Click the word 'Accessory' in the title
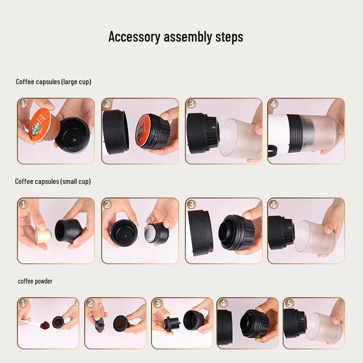pos(133,37)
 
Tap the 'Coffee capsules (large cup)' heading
pos(53,82)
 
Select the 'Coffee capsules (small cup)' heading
pos(53,181)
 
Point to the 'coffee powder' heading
pos(35,281)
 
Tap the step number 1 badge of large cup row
pos(23,104)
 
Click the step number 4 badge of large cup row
pos(274,104)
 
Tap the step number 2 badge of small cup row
pos(106,204)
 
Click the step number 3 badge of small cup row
pos(191,204)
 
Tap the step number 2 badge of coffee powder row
pos(90,303)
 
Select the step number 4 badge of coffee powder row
pos(223,303)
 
